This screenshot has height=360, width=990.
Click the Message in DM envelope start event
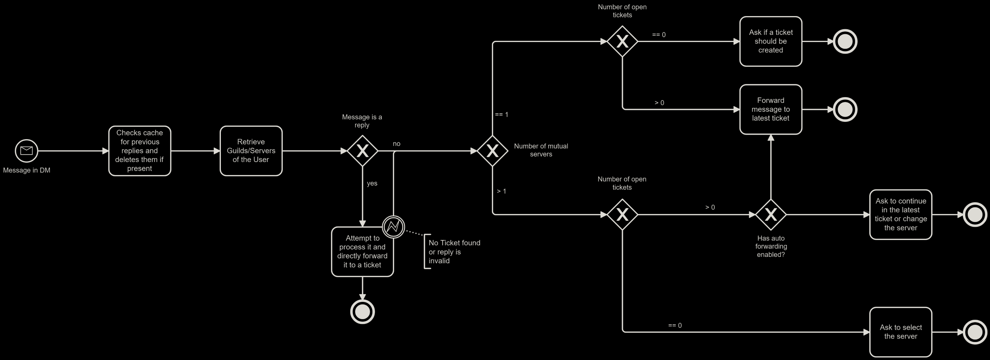click(x=27, y=151)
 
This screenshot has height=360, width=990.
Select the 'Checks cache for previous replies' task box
click(x=139, y=151)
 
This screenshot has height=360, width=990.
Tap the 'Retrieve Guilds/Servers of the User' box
click(x=251, y=151)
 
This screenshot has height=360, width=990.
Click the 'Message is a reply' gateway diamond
click(x=362, y=151)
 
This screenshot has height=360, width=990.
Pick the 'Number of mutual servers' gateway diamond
click(x=492, y=151)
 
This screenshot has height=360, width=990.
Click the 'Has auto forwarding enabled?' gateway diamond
click(x=771, y=214)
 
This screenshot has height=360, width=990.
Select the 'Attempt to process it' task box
click(x=362, y=252)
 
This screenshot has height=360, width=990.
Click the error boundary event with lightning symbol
click(x=393, y=226)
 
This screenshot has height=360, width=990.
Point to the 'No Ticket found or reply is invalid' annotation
click(x=453, y=252)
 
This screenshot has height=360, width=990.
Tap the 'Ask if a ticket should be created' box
click(x=771, y=41)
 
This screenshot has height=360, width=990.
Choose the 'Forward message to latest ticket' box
click(x=771, y=109)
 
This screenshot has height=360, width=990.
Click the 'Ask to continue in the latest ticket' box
click(x=900, y=214)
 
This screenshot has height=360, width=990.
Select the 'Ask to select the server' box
click(x=900, y=331)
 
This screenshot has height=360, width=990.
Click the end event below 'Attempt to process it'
click(x=362, y=312)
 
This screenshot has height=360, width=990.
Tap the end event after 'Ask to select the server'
click(x=975, y=332)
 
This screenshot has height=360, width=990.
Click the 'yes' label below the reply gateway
click(x=372, y=183)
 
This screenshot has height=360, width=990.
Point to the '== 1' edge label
click(x=501, y=114)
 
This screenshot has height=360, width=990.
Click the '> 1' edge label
click(x=501, y=191)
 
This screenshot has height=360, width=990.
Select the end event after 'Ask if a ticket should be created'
click(x=845, y=41)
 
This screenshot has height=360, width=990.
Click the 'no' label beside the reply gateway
click(x=396, y=144)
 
